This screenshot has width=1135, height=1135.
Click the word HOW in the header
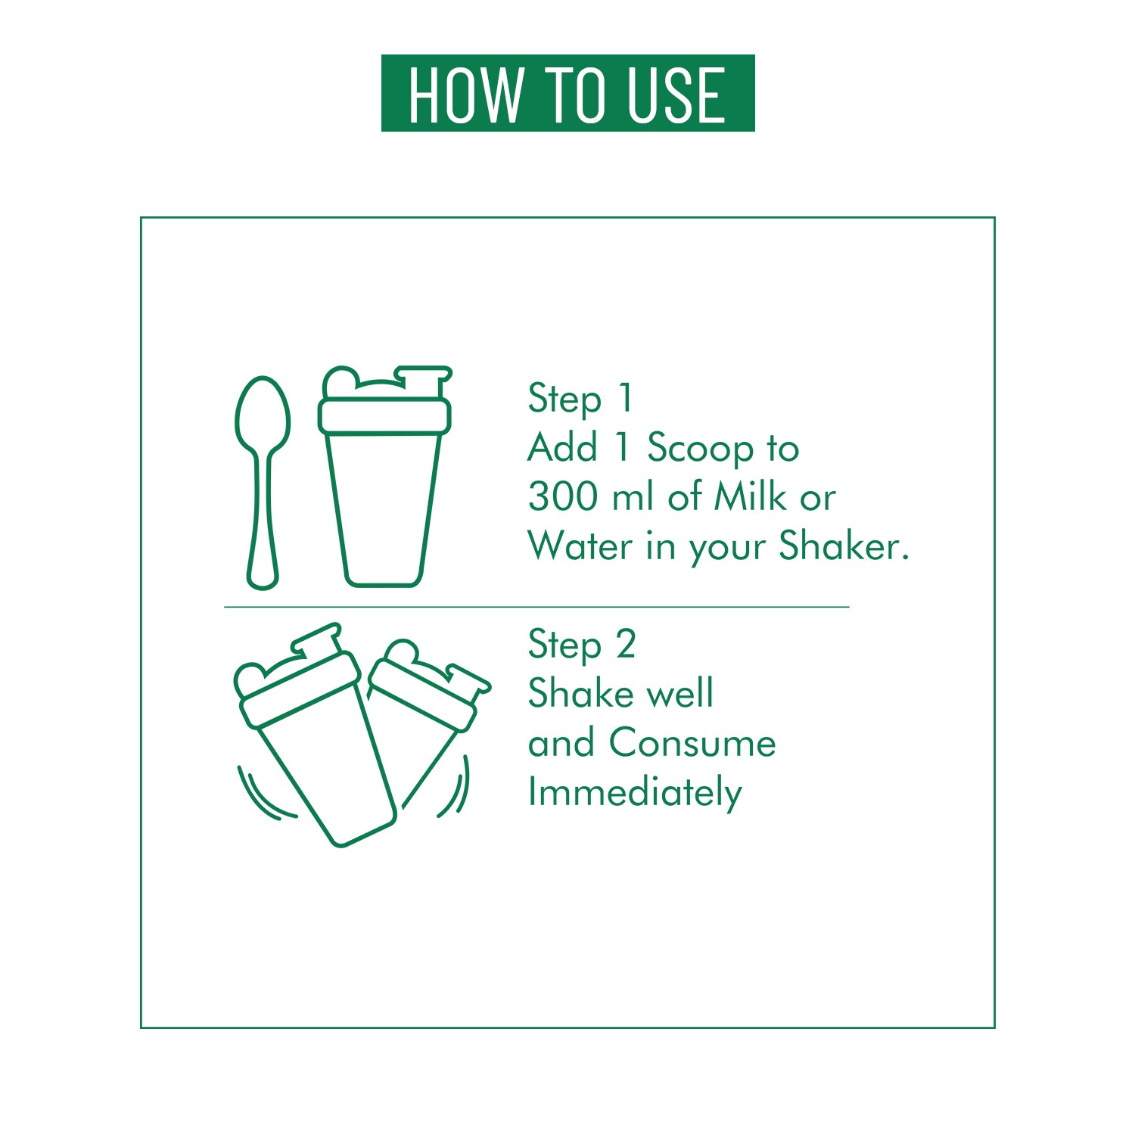[465, 95]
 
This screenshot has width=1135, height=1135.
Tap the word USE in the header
[677, 95]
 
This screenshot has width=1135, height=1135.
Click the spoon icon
[262, 483]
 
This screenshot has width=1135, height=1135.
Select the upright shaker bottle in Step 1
[384, 476]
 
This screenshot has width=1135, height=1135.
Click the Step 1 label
[580, 399]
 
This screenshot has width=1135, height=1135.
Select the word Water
[580, 546]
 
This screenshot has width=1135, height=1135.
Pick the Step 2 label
[582, 645]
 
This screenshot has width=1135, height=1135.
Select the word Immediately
[635, 793]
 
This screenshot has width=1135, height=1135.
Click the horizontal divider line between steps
[536, 607]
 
